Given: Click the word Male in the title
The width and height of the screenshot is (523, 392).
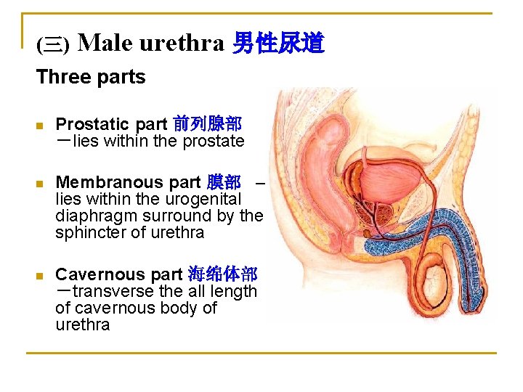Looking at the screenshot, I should coord(105,44).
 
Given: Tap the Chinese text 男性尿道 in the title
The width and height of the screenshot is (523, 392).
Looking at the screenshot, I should coord(277,44).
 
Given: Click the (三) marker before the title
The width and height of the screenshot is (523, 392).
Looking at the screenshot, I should coord(53,46).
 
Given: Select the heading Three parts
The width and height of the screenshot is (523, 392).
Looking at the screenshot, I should coord(91,77).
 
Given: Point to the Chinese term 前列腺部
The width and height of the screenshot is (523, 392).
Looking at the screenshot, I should coord(207,124).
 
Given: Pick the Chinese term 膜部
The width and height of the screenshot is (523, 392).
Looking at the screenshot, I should coord(224,182).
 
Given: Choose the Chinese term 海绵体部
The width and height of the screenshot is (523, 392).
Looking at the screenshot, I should coord(222,274).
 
